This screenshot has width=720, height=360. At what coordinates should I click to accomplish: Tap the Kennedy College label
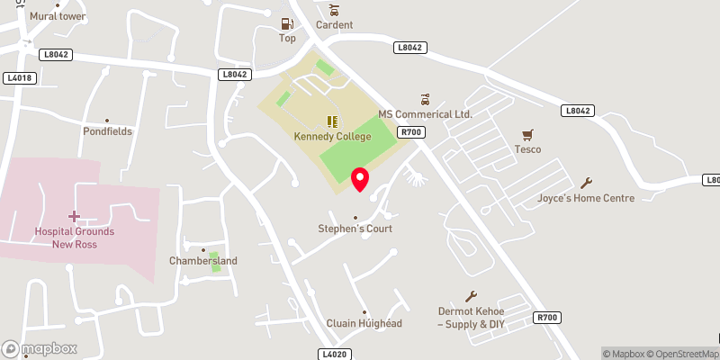[331, 137]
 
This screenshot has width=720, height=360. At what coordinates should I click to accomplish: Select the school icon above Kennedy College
[331, 121]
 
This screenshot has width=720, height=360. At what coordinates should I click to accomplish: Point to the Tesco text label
[527, 148]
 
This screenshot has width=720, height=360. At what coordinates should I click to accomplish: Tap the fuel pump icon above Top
[287, 23]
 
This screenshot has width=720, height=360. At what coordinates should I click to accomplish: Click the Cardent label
[334, 25]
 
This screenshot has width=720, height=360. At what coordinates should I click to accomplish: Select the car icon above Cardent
[334, 10]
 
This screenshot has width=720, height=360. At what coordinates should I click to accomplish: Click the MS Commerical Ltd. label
[425, 114]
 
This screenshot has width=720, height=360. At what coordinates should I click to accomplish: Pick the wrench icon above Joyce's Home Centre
[589, 182]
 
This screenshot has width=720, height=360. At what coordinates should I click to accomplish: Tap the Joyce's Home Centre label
[586, 198]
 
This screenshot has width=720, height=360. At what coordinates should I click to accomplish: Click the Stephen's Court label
[355, 229]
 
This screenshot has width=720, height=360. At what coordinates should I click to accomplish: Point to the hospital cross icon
[74, 216]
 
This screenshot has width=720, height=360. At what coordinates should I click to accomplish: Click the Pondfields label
[107, 131]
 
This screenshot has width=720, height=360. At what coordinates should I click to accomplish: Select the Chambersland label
[203, 261]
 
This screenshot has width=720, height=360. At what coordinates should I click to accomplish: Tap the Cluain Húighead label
[364, 323]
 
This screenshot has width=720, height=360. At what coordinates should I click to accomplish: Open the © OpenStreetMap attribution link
[683, 354]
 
